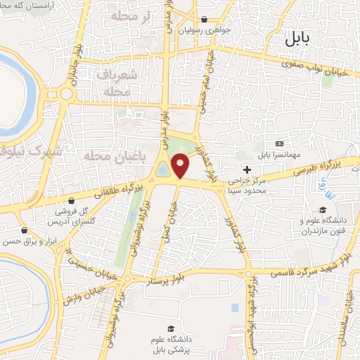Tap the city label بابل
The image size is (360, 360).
[x=300, y=39]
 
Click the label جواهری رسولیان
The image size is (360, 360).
[x=204, y=31]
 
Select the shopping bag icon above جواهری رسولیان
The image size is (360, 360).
[x=204, y=20]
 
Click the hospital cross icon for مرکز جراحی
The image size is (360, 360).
[x=247, y=169]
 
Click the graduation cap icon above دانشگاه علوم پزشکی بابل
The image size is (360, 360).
[x=170, y=328]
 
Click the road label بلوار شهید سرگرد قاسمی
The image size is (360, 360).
[x=296, y=270]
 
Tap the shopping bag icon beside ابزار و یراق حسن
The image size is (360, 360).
[x=25, y=230]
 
